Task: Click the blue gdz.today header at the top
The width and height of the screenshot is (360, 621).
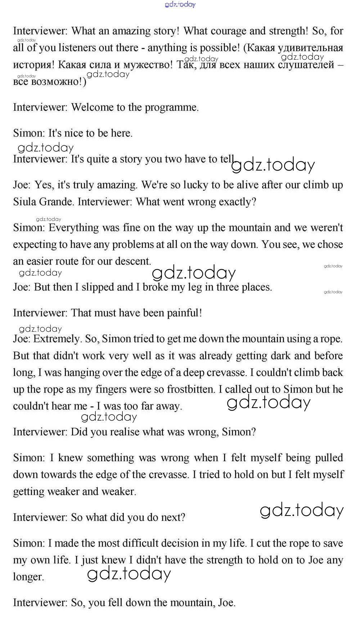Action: pos(180,4)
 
